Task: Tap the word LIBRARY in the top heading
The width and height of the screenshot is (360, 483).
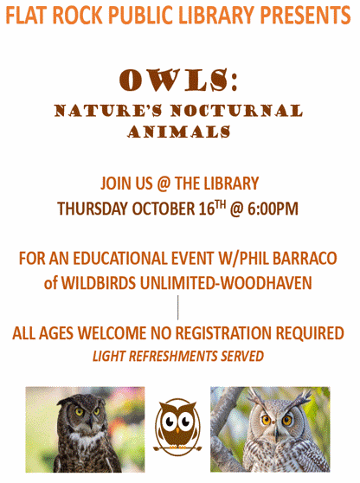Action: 202,15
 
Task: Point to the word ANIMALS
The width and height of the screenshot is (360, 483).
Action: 179,132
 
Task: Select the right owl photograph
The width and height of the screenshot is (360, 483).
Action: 270,428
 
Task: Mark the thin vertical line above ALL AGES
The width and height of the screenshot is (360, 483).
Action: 179,307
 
